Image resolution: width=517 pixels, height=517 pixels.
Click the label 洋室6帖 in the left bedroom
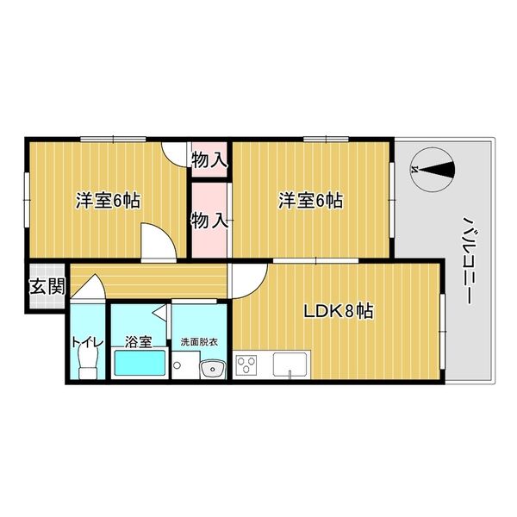tap(109, 201)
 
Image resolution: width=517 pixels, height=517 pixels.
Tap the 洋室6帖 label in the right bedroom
tap(310, 201)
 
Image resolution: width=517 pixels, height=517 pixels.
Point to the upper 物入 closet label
tap(209, 159)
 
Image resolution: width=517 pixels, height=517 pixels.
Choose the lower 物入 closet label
tap(209, 220)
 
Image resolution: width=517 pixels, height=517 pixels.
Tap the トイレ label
tap(87, 342)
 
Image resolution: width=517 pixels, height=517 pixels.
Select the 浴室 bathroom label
tap(138, 342)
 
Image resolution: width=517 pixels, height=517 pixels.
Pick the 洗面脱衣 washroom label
tap(199, 342)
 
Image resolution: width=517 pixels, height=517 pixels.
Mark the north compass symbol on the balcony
tap(432, 170)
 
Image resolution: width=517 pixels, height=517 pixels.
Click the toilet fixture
tap(87, 366)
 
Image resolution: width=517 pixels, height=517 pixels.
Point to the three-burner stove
tap(248, 365)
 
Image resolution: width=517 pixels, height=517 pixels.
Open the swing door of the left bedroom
tap(158, 242)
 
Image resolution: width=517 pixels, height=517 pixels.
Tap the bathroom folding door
tap(159, 311)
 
